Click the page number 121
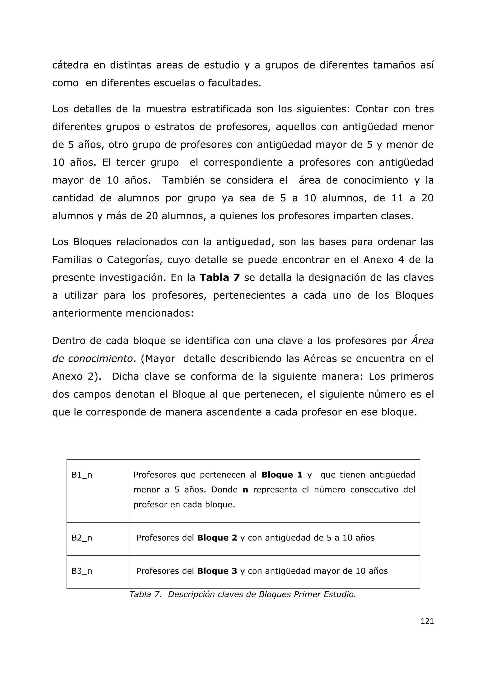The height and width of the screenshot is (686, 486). point(427,621)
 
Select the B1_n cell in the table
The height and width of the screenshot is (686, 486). point(81,475)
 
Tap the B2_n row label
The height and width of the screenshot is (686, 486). point(81,538)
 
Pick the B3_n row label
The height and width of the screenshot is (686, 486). point(81,571)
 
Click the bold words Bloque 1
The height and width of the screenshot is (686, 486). point(282,475)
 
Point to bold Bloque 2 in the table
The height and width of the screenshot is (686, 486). point(217,538)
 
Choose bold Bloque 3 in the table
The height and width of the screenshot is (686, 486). point(217,571)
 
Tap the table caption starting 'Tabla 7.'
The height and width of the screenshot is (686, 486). point(242,594)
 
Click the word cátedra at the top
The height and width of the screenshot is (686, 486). point(70,65)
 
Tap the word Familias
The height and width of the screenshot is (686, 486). point(72,260)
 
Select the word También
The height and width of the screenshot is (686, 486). point(183,181)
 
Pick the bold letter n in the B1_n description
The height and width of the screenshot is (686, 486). point(245,490)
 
